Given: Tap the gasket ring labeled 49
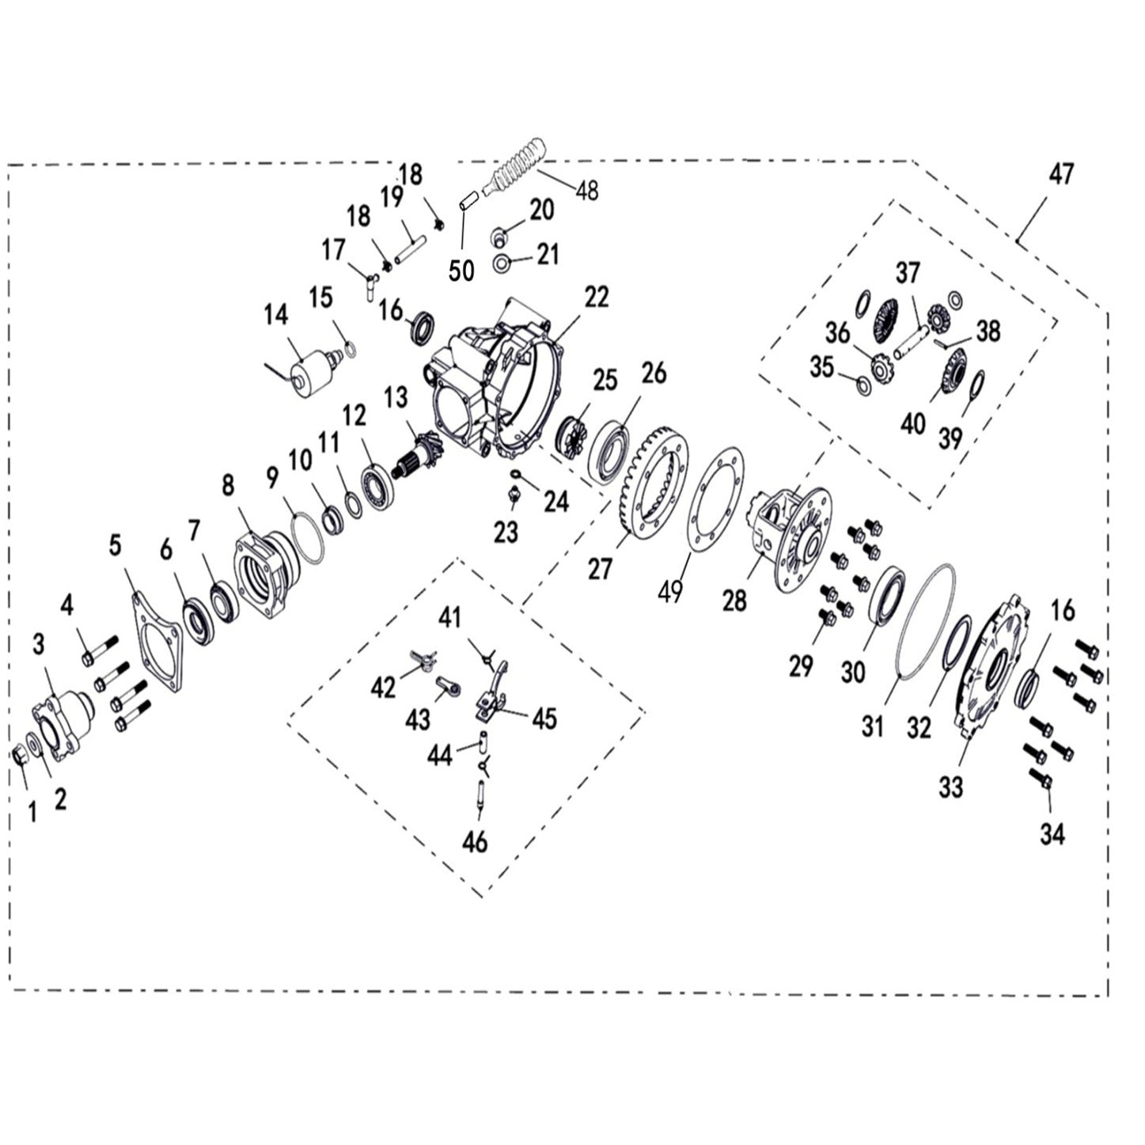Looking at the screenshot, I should (717, 499).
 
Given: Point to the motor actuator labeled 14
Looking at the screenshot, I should (309, 378).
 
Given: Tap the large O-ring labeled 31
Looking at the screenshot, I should (927, 620).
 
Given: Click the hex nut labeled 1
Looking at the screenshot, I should (21, 755).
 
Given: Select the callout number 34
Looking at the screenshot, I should (1052, 833).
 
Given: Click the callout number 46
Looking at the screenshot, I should (475, 843).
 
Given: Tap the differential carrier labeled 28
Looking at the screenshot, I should (791, 538).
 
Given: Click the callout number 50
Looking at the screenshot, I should (461, 270).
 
